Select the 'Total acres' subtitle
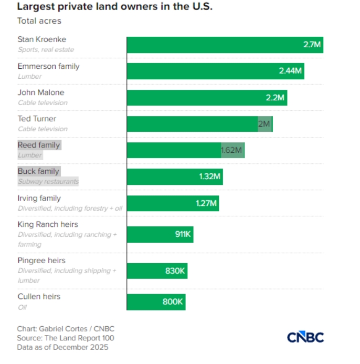[x=39, y=21]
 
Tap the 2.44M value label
[x=291, y=71]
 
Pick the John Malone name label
[x=41, y=93]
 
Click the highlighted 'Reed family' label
[x=39, y=145]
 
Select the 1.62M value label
[x=231, y=150]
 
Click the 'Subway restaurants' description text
[x=48, y=181]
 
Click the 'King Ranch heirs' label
[x=48, y=224]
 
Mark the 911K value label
[x=183, y=234]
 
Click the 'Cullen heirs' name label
[x=39, y=296]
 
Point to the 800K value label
[x=173, y=302]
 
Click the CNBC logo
[x=305, y=337]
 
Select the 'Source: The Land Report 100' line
[x=66, y=338]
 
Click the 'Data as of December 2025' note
[x=62, y=347]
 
